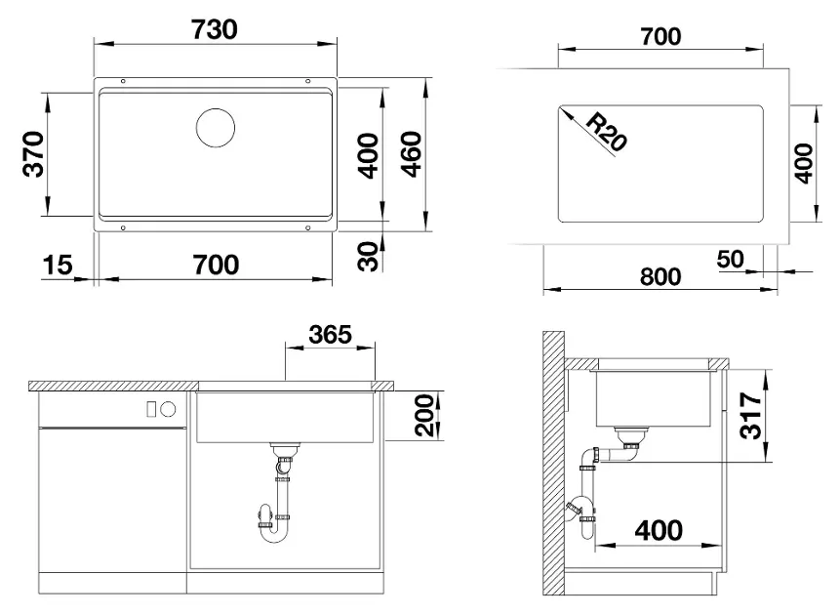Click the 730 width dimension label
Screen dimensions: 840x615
click(x=215, y=30)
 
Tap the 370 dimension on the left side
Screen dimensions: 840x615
click(x=34, y=154)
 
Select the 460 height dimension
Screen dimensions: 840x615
click(x=412, y=154)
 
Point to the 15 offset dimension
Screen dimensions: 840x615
click(x=58, y=265)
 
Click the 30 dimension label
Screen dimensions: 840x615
click(x=369, y=257)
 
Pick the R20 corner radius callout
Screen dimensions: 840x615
click(x=606, y=132)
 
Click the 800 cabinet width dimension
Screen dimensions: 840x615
click(x=660, y=276)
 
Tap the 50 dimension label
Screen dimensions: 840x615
click(x=730, y=260)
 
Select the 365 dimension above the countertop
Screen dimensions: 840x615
click(x=330, y=335)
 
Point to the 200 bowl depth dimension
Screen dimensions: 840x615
click(x=424, y=415)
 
